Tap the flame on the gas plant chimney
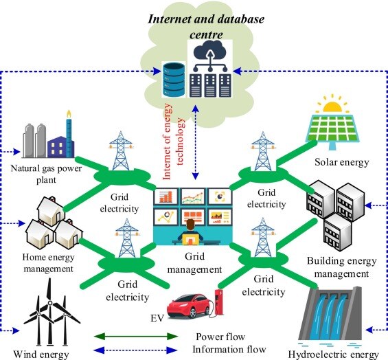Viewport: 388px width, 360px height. (68, 113)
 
